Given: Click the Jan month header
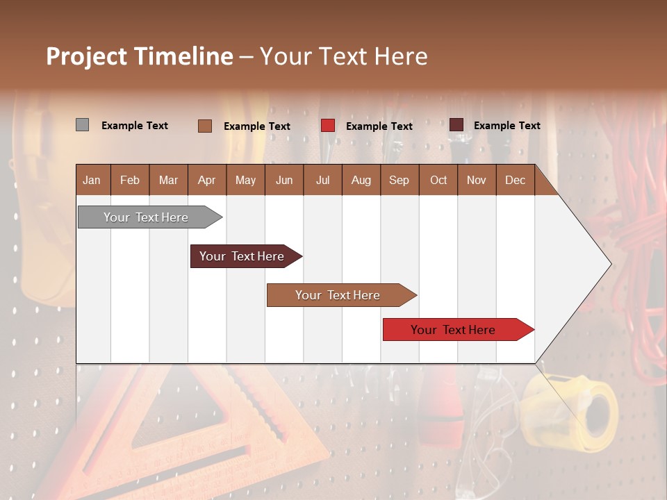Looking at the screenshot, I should tap(92, 180).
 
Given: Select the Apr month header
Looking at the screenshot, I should tap(206, 180).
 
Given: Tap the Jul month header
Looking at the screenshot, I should tap(322, 180).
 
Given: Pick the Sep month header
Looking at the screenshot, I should tap(399, 180).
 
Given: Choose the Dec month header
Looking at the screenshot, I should tap(515, 180).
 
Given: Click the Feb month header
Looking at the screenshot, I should tap(130, 180).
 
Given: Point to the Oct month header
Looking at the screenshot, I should tap(438, 180).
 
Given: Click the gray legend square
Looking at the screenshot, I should tap(82, 125).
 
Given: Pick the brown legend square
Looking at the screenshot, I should tap(205, 126).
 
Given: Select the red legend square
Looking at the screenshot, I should tap(328, 126).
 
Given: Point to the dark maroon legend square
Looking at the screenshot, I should tap(456, 125).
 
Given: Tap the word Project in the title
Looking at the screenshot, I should tap(86, 56).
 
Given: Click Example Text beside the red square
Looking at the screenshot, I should tap(379, 126).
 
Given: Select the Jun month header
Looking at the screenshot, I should tap(284, 180).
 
